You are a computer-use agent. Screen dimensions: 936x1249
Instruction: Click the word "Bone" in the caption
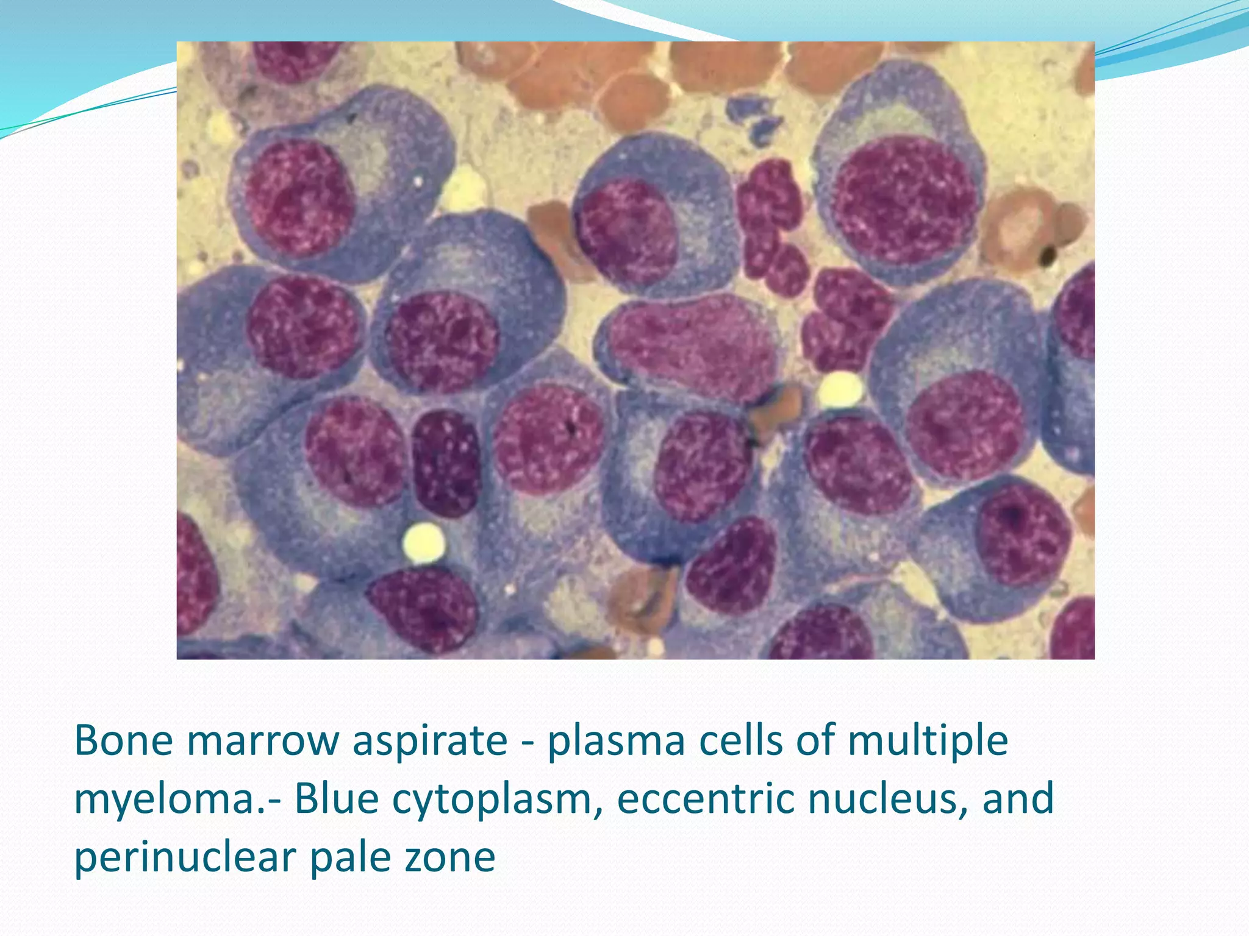(123, 740)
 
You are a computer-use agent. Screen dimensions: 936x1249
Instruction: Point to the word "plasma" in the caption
(616, 742)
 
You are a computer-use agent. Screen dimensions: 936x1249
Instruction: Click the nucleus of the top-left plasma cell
(299, 198)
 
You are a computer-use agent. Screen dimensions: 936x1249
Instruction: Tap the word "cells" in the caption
(742, 740)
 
